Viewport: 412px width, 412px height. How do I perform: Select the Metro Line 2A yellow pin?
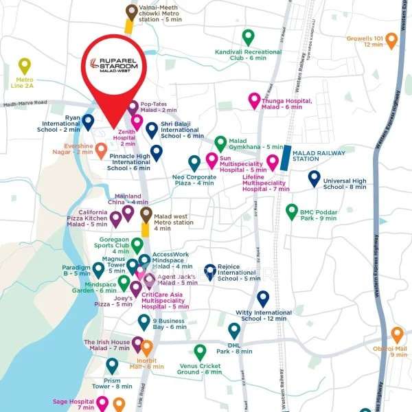point(25,66)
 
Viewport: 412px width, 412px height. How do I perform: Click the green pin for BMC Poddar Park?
point(291,211)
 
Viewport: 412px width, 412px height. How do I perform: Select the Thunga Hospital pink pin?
point(254,100)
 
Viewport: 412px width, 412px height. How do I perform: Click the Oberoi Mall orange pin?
point(397,334)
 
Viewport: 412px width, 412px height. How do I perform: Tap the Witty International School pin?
point(262,298)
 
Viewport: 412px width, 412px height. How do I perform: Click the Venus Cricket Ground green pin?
point(200,352)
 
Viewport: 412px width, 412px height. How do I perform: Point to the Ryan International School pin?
point(88,122)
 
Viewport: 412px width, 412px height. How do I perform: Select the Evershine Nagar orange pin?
point(101,150)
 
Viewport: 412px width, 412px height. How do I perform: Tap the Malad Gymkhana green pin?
point(220,144)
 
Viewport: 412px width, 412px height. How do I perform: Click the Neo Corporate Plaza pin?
point(194,163)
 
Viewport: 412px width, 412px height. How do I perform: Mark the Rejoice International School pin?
point(210,272)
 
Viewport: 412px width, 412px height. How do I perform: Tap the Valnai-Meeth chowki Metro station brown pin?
point(131,12)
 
